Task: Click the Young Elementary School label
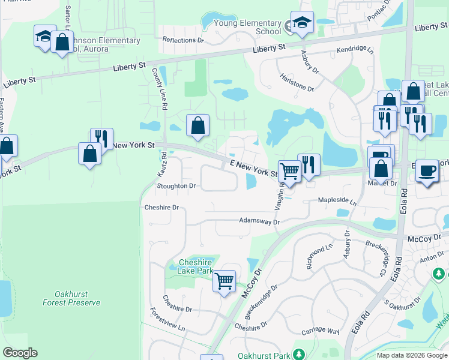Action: [x=252, y=27]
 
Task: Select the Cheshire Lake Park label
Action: [x=196, y=267]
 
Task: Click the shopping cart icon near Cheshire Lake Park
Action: [x=224, y=280]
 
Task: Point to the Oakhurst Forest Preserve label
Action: [x=71, y=298]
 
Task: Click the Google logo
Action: [x=20, y=353]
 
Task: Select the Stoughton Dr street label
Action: [x=176, y=186]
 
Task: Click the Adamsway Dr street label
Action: [x=259, y=221]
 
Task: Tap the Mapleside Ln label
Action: [x=337, y=203]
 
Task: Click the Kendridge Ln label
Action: [x=355, y=50]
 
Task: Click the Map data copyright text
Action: [x=411, y=355]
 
